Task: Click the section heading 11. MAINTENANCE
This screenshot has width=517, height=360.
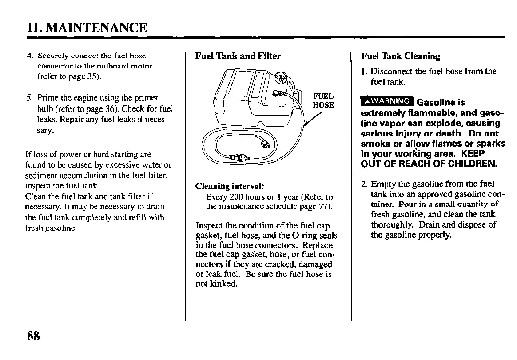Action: pos(87,28)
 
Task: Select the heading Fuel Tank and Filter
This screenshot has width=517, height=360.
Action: pos(238,56)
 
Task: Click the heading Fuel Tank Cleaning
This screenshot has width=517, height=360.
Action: pos(401,56)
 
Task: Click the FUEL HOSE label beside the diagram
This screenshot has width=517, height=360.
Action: pos(323,100)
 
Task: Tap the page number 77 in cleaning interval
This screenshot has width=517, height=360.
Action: pos(323,207)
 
